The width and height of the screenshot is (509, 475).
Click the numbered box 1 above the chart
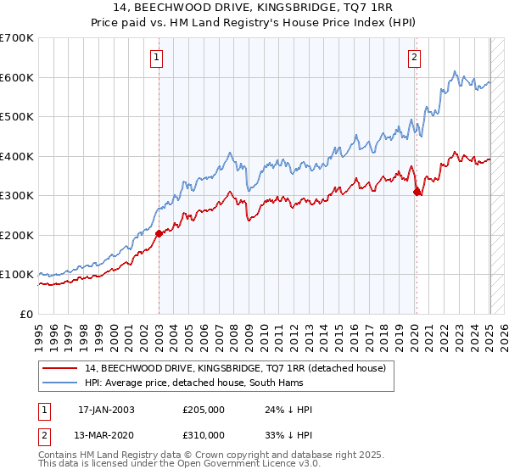158,58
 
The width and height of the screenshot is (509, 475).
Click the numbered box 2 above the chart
414,58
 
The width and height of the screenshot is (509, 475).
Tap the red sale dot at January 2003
159,233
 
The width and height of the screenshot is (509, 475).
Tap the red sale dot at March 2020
417,193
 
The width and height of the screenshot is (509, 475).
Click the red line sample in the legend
62,368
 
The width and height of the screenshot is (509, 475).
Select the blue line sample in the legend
62,383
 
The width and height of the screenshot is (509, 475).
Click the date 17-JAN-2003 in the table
106,410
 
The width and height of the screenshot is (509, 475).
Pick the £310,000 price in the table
204,435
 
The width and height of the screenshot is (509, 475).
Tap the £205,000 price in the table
204,410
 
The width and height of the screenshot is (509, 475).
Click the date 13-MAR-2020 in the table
106,435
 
